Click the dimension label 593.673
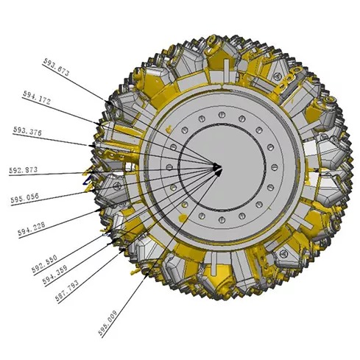point(56,67)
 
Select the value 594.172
point(37,97)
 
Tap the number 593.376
point(27,131)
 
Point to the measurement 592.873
point(24,170)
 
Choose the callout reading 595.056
point(25,199)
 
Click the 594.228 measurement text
point(32,229)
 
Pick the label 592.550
point(44,264)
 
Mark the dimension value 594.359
point(55,275)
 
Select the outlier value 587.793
point(67,291)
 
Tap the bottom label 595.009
point(107,322)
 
